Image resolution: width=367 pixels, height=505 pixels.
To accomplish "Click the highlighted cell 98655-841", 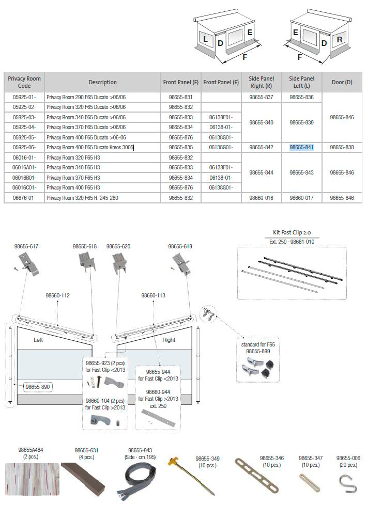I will tap(301, 147).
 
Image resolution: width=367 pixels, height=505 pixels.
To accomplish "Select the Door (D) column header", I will tap(342, 82).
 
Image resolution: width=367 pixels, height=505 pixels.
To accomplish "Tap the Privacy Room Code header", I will tap(24, 82).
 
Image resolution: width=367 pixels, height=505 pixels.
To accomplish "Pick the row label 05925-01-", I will tap(24, 97).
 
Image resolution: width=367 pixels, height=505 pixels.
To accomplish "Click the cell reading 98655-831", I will tap(180, 97).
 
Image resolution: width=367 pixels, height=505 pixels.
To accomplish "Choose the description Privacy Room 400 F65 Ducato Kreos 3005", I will tap(90, 147).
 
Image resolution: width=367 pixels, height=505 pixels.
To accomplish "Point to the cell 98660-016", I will tap(261, 197).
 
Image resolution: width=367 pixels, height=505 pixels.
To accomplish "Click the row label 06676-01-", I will tap(24, 197).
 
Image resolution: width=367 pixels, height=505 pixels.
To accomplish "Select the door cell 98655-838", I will tap(342, 147).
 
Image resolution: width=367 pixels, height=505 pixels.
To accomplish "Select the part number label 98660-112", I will tap(57, 295).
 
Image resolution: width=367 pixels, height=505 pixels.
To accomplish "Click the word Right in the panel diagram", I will tap(169, 340).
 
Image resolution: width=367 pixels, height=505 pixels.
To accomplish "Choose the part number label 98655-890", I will tap(37, 386).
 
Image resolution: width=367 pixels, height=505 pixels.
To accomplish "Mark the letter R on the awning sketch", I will tap(340, 40).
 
